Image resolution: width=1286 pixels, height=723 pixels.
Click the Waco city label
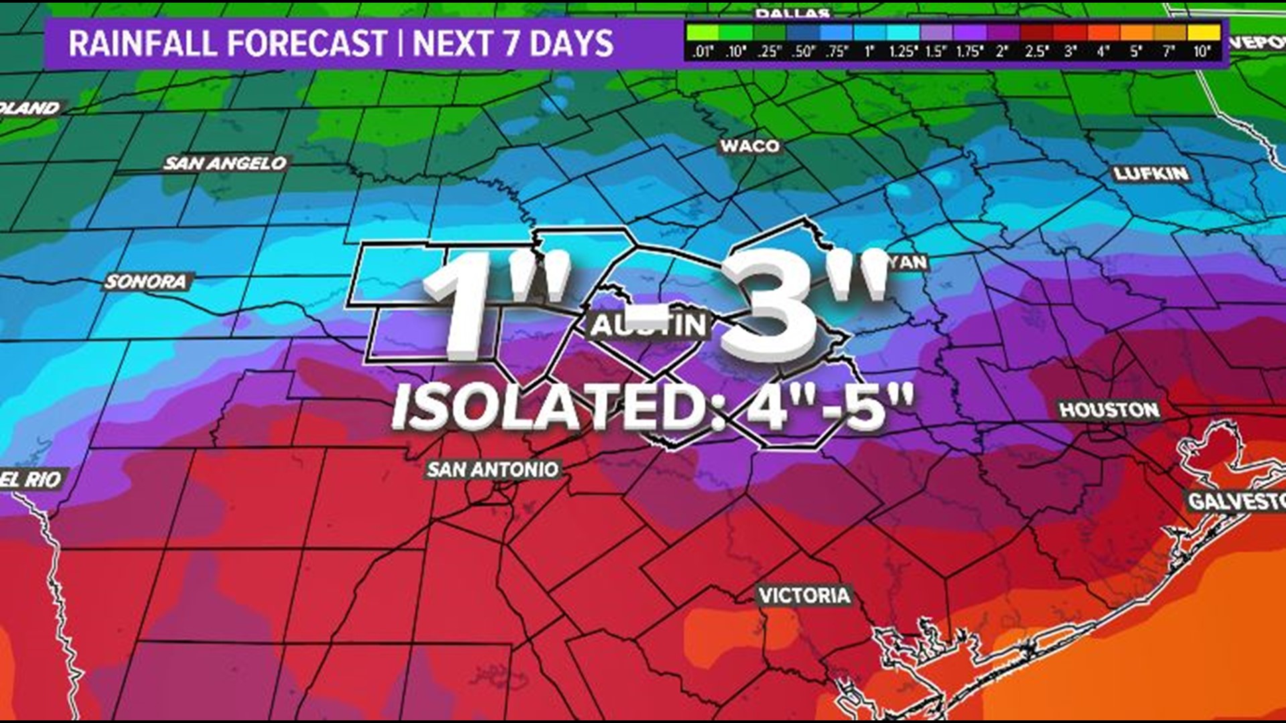pyautogui.click(x=749, y=146)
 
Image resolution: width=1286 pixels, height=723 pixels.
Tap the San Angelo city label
pyautogui.click(x=225, y=163)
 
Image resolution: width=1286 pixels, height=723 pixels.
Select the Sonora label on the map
pyautogui.click(x=145, y=282)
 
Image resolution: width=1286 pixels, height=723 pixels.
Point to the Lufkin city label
pyautogui.click(x=1151, y=174)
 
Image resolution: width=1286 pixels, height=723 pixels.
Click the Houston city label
pyautogui.click(x=1109, y=410)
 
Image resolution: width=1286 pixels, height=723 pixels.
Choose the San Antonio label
pyautogui.click(x=492, y=469)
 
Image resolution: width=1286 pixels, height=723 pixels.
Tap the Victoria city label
pyautogui.click(x=804, y=595)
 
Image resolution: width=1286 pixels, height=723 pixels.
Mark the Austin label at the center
pyautogui.click(x=648, y=325)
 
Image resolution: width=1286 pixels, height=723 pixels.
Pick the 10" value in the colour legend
pyautogui.click(x=1202, y=52)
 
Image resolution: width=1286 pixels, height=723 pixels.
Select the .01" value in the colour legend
pyautogui.click(x=702, y=52)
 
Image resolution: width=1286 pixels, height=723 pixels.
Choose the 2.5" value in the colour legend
pyautogui.click(x=1035, y=52)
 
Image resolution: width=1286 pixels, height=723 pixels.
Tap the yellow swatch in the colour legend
pyautogui.click(x=1204, y=32)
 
